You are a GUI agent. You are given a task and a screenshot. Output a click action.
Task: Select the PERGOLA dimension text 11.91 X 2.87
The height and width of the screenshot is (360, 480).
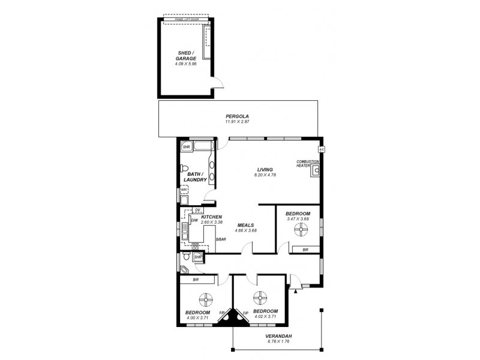coord(237,122)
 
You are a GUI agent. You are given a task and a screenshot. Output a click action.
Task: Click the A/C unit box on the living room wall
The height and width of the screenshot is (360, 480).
coord(321,149)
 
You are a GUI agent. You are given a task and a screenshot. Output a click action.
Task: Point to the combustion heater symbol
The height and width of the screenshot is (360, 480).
coord(315,170)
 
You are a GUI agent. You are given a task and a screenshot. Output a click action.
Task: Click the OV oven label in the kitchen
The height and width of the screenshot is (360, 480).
coord(197,209)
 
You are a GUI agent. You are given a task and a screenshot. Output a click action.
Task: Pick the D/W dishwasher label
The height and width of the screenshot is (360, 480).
coord(194,221)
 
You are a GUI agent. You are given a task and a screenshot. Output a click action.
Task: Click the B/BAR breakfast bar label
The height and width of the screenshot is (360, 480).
coord(221,239)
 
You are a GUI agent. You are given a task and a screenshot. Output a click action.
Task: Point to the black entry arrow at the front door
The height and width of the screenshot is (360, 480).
coord(295,291)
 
